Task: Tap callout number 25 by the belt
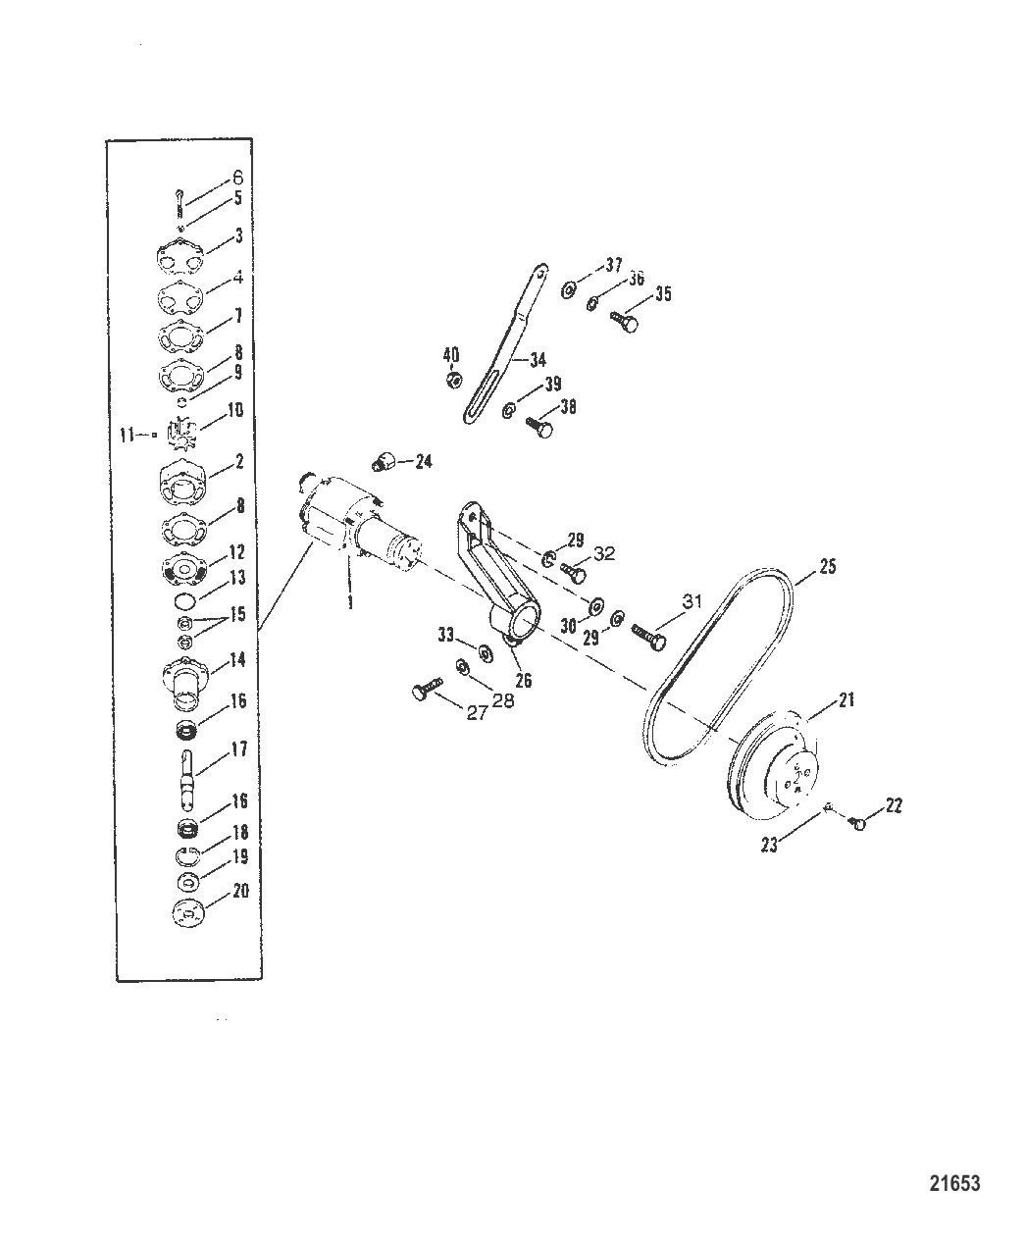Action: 827,567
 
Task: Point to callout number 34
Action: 538,360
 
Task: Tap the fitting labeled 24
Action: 385,461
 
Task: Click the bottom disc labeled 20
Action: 184,911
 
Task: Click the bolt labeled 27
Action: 423,694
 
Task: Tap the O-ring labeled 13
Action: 183,600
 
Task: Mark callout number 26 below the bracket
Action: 523,679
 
